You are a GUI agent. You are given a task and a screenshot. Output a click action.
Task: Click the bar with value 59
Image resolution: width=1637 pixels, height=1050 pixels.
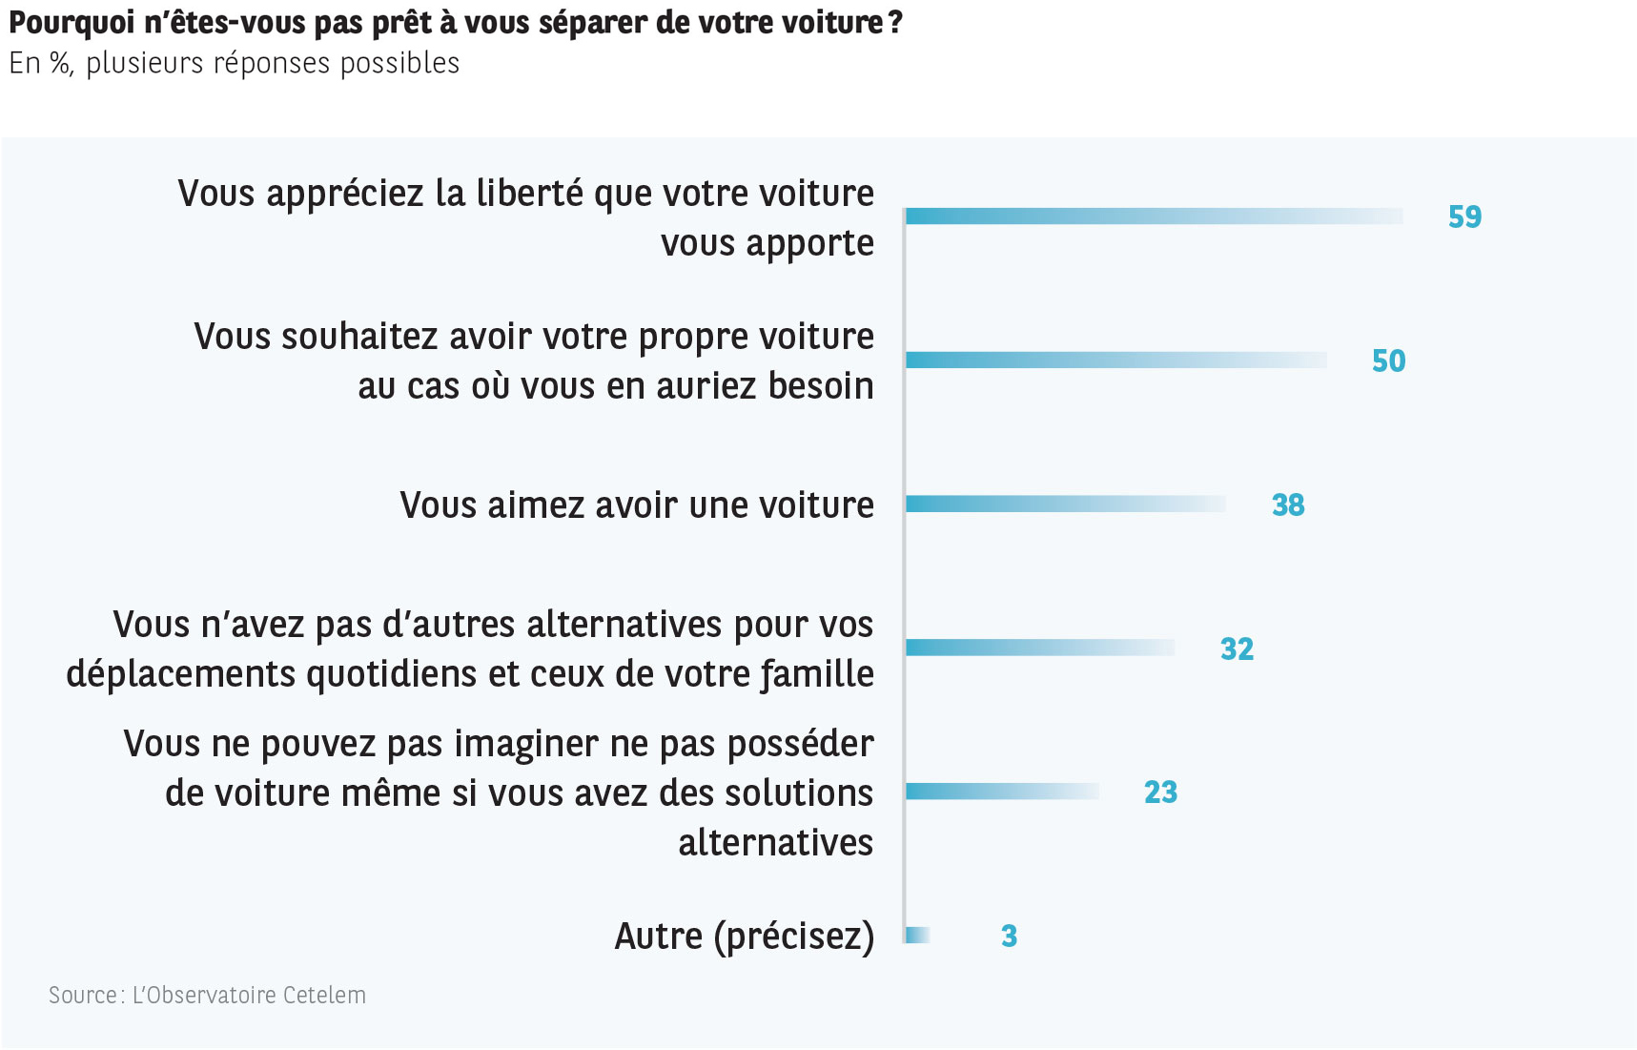coord(1154,216)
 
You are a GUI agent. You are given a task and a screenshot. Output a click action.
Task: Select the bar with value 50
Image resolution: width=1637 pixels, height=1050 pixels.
coord(1115,360)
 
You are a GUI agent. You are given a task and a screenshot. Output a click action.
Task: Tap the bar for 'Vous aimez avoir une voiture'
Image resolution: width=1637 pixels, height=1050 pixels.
coord(1065,504)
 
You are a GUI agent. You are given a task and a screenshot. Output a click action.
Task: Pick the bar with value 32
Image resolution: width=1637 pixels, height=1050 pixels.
coord(1039,648)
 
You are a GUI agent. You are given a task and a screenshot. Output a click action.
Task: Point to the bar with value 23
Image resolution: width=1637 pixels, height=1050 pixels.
coord(1001,792)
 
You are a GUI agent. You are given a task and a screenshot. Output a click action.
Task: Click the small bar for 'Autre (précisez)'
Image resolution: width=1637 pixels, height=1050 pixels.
coord(917,936)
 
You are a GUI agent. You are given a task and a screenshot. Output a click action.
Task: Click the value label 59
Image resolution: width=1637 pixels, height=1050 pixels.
coord(1464,217)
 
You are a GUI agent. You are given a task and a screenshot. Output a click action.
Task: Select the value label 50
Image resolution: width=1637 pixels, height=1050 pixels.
coord(1388,360)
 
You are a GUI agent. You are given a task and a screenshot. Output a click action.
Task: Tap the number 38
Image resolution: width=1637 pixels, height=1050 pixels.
coord(1287,504)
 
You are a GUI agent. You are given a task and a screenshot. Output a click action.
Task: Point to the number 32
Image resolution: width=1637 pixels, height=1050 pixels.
coord(1237,649)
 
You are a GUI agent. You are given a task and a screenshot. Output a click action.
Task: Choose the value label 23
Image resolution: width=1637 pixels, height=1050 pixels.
coord(1160,793)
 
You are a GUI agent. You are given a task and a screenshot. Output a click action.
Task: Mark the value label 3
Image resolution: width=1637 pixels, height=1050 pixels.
coord(1009,937)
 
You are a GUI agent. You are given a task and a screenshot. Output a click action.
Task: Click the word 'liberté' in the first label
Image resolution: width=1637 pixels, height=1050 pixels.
coord(530,194)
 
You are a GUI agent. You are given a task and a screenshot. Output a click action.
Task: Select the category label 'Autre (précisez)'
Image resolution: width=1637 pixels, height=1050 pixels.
coord(744,937)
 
